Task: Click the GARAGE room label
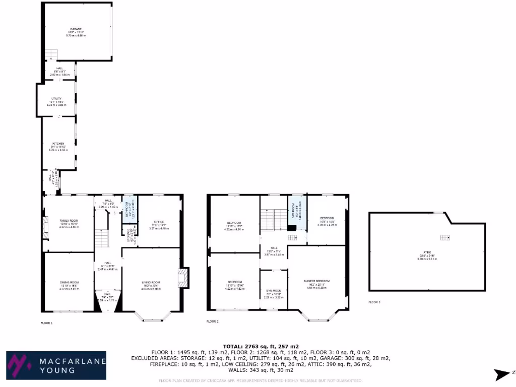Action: pos(76,29)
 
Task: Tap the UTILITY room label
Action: pos(56,99)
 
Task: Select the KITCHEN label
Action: pos(58,144)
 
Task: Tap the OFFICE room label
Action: pos(159,222)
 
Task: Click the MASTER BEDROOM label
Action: pos(316,281)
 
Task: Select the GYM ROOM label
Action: pos(274,291)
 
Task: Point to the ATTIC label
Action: pos(427,251)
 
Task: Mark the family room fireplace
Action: pos(46,227)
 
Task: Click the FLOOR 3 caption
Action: pos(374,302)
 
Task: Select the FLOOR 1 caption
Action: pos(46,322)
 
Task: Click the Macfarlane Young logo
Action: pos(55,365)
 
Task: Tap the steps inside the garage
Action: pos(51,54)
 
